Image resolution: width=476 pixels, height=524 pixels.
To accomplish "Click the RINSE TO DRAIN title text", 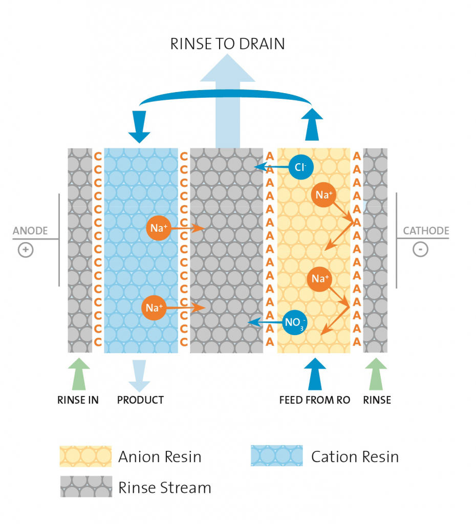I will pyautogui.click(x=227, y=43).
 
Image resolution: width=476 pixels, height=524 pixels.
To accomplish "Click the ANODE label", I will pyautogui.click(x=30, y=231).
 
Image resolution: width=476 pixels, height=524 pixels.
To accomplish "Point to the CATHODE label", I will pyautogui.click(x=426, y=231).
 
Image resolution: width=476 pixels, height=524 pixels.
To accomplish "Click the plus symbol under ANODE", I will pyautogui.click(x=25, y=250).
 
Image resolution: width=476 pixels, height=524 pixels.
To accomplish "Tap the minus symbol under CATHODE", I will pyautogui.click(x=420, y=250).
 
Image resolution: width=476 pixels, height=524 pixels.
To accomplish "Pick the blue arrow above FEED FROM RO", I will pyautogui.click(x=314, y=374).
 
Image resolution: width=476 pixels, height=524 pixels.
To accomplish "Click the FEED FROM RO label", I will pyautogui.click(x=315, y=400).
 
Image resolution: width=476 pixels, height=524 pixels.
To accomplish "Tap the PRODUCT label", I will pyautogui.click(x=140, y=400).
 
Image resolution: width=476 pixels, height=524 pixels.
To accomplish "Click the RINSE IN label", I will pyautogui.click(x=78, y=400).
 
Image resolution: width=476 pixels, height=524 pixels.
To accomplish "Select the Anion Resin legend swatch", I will pyautogui.click(x=85, y=456).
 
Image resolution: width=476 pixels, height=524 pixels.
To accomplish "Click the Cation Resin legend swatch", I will pyautogui.click(x=276, y=455).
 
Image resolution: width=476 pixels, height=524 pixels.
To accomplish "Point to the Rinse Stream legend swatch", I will pyautogui.click(x=85, y=487).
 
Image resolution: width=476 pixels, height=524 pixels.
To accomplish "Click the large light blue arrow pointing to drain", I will pyautogui.click(x=228, y=102).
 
